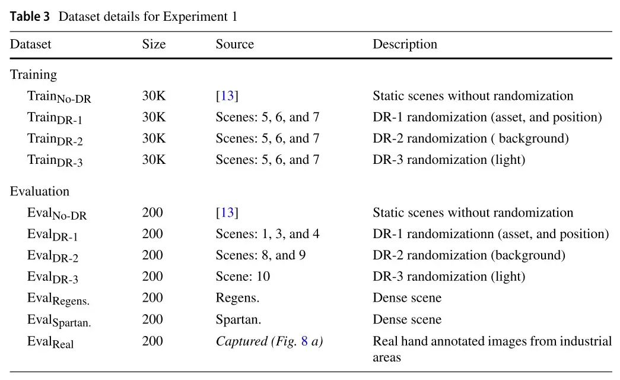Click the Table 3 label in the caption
pyautogui.click(x=30, y=16)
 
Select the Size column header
pyautogui.click(x=154, y=44)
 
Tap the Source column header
pyautogui.click(x=235, y=44)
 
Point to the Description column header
pyautogui.click(x=405, y=45)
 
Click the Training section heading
pyautogui.click(x=34, y=75)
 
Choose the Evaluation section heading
pyautogui.click(x=40, y=191)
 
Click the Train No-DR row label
pyautogui.click(x=59, y=97)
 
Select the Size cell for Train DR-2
pyautogui.click(x=154, y=138)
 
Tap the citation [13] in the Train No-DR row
pyautogui.click(x=227, y=96)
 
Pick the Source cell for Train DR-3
pyautogui.click(x=268, y=160)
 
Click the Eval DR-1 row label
pyautogui.click(x=53, y=235)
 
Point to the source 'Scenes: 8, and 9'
pyautogui.click(x=261, y=255)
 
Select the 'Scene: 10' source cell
pyautogui.click(x=243, y=276)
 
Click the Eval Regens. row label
pyautogui.click(x=59, y=299)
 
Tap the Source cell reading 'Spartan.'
pyautogui.click(x=239, y=319)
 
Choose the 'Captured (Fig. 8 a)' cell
pyautogui.click(x=270, y=341)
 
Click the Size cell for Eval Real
pyautogui.click(x=152, y=341)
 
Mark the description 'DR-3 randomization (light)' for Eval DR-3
pyautogui.click(x=449, y=276)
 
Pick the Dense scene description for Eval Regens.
pyautogui.click(x=407, y=297)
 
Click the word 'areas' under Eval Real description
pyautogui.click(x=387, y=358)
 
